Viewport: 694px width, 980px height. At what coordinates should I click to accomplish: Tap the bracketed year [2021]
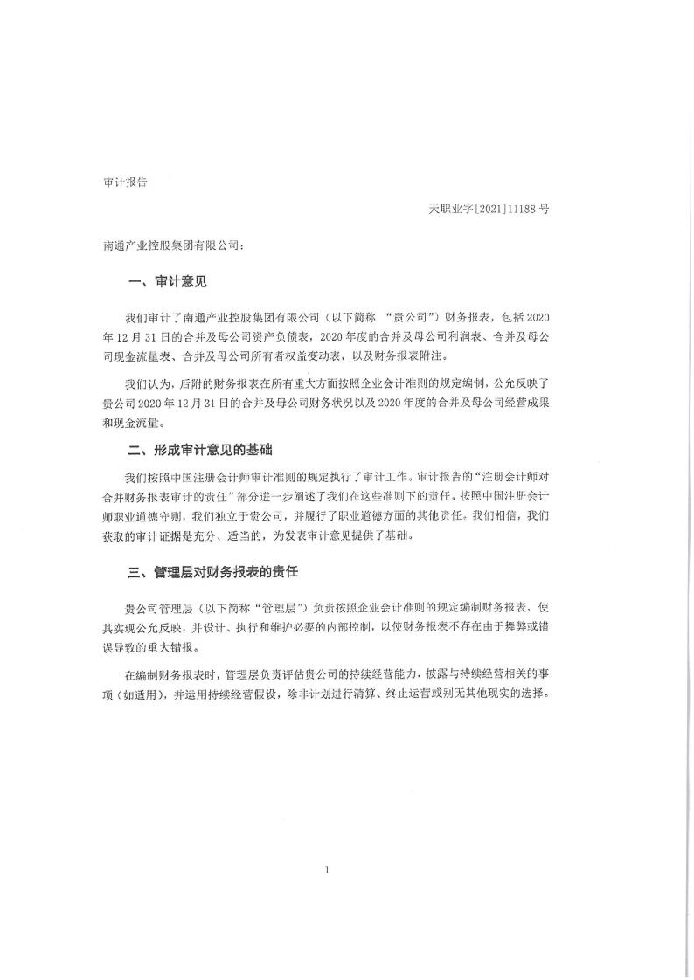pos(491,210)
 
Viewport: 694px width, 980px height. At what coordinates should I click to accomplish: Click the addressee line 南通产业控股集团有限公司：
pos(174,247)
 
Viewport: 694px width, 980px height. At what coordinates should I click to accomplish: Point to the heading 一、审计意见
pos(168,283)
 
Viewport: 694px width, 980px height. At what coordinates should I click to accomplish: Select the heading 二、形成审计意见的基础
pos(200,451)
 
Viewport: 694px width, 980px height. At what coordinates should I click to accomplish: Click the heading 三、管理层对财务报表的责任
pos(215,573)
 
